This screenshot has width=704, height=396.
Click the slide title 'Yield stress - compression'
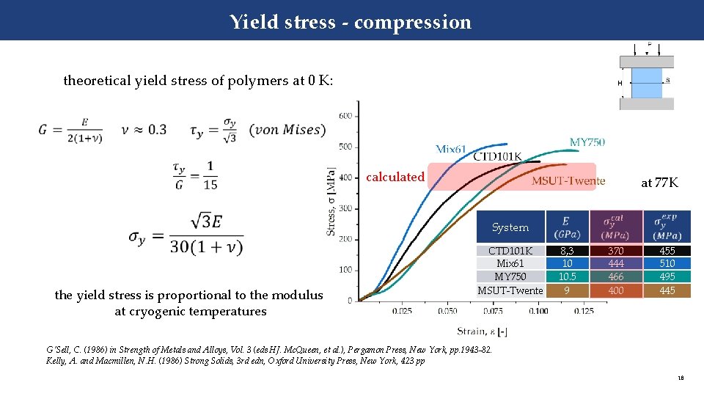[351, 22]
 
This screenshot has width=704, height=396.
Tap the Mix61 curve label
[451, 150]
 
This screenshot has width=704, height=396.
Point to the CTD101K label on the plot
[497, 156]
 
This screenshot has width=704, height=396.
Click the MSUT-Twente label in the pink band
[568, 181]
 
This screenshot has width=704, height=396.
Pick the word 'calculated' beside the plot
[395, 177]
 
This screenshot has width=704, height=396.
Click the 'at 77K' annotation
[659, 183]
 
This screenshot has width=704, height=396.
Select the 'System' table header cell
[510, 227]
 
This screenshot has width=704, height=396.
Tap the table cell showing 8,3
[567, 251]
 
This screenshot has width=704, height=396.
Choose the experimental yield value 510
[667, 264]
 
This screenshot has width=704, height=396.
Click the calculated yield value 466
[616, 277]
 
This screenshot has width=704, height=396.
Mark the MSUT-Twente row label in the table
[510, 290]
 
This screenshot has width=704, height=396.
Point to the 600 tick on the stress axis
[345, 116]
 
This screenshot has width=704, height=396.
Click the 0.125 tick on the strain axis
[584, 312]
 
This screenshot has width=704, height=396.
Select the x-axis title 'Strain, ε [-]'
[483, 331]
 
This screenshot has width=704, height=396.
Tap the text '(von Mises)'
[286, 130]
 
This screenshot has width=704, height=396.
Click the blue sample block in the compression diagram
[646, 83]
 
